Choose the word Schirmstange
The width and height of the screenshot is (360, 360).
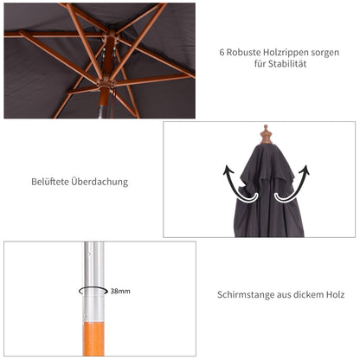245,295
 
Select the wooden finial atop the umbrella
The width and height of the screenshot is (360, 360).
266,135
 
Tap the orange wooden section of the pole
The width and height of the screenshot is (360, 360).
96,342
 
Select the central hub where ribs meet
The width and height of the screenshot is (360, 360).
106,87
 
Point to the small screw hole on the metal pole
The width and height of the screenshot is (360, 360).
87,254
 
